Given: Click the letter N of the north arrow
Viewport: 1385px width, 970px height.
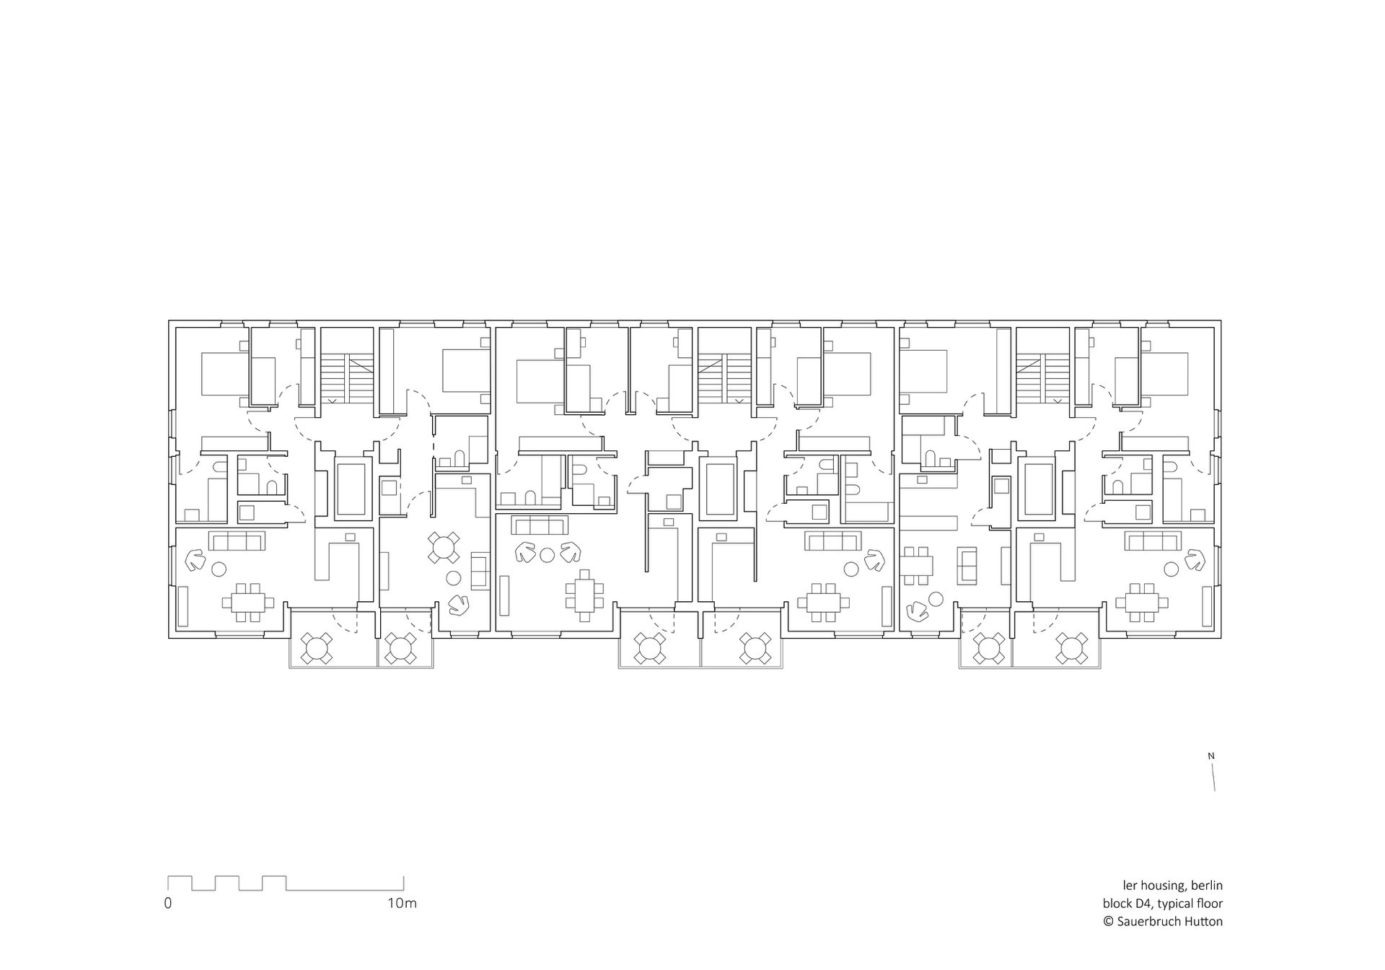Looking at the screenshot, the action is [x=1212, y=756].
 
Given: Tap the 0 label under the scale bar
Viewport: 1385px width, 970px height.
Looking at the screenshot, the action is [x=168, y=903].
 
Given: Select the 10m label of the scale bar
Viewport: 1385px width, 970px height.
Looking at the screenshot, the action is [x=402, y=903].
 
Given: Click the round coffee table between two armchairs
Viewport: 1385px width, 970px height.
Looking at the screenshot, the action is [x=547, y=554].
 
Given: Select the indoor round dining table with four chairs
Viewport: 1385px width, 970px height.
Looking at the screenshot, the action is [x=443, y=547].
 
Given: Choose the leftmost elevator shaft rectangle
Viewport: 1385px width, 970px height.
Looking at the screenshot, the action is [x=351, y=489].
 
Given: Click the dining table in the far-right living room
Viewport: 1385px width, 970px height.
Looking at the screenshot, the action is [x=1141, y=601].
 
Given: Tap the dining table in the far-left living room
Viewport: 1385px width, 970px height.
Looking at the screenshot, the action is [x=248, y=601].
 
